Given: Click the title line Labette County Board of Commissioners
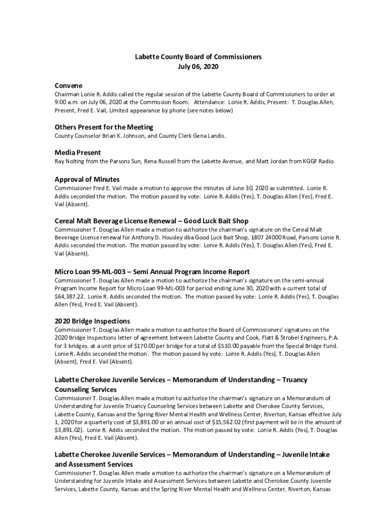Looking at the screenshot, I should [x=198, y=57].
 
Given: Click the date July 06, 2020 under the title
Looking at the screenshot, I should [x=198, y=67].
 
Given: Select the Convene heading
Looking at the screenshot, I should [x=69, y=86].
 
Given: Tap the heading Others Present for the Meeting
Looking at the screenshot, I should [x=104, y=127].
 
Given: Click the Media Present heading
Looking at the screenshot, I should [x=78, y=152].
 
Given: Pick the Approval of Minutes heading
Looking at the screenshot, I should [x=87, y=179].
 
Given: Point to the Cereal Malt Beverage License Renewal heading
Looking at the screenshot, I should [x=151, y=221].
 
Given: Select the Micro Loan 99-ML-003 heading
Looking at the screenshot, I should [x=152, y=272].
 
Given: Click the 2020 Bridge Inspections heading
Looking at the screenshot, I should [x=92, y=321].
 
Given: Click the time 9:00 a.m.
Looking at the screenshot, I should [x=67, y=102].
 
